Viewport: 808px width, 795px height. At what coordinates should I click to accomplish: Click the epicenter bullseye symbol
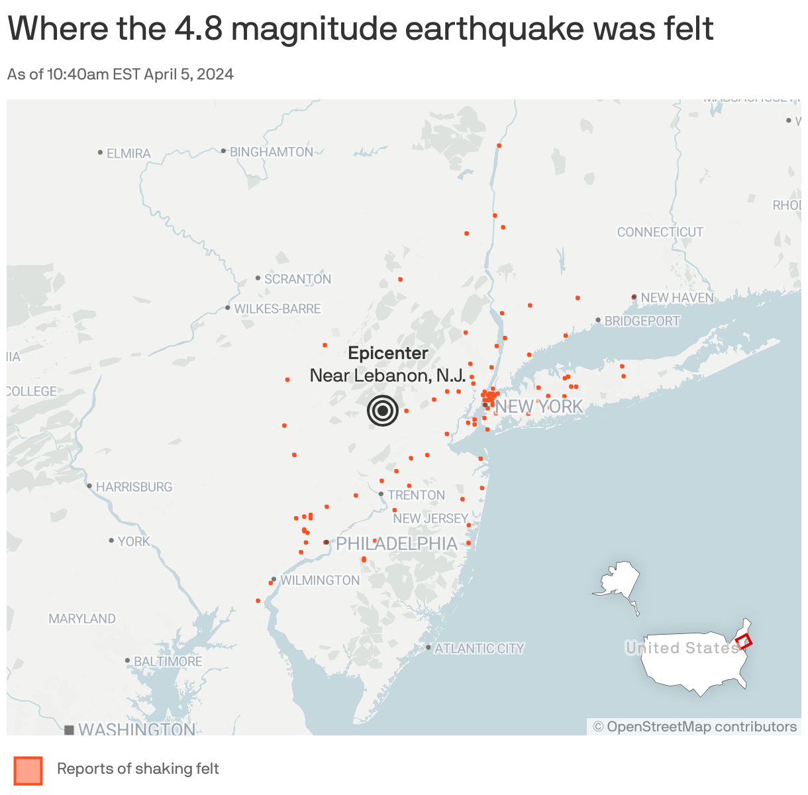[383, 411]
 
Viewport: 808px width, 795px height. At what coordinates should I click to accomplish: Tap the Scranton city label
[297, 279]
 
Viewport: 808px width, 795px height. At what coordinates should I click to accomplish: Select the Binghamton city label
[271, 152]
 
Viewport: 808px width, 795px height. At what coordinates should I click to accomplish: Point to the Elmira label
[128, 153]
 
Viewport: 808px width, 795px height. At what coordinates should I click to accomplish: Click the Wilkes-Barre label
[277, 309]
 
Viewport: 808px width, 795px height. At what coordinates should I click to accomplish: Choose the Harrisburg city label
[134, 487]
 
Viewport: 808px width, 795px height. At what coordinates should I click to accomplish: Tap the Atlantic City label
[479, 649]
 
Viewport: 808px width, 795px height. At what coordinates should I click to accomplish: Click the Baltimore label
[168, 661]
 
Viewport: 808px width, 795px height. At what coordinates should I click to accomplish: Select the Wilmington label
[320, 580]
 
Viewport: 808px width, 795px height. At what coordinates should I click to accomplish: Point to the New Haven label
[677, 298]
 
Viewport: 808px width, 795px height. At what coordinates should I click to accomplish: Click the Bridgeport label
[642, 321]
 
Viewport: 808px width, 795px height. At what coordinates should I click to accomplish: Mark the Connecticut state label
[660, 232]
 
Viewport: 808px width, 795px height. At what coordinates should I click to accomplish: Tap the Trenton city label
[416, 495]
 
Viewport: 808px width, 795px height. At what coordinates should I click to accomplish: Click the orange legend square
[28, 770]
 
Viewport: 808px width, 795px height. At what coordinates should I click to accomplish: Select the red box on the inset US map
[744, 641]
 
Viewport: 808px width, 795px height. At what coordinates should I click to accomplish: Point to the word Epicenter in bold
[388, 353]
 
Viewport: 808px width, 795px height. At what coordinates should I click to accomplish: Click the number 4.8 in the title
[199, 28]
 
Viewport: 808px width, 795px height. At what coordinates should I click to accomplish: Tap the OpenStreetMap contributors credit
[695, 727]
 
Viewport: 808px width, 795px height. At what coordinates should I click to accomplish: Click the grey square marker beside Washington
[69, 730]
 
